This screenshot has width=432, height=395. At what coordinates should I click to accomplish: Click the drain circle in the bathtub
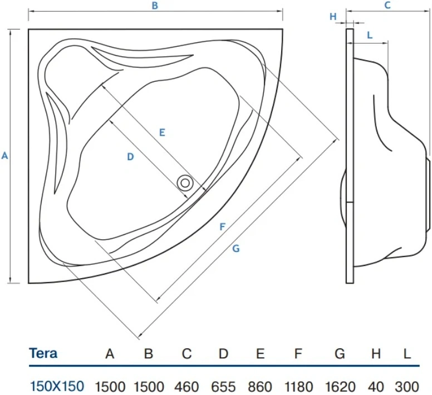pos(185,183)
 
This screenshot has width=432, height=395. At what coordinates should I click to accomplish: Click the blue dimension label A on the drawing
pos(4,156)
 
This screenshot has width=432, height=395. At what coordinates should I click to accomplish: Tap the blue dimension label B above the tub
pos(155,6)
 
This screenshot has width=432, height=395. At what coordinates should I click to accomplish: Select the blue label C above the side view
pos(387,5)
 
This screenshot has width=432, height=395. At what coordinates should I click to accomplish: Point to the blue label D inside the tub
pos(130,157)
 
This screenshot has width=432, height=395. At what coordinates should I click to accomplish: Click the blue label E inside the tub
pos(162,132)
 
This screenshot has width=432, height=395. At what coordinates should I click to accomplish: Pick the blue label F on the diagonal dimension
pos(222,227)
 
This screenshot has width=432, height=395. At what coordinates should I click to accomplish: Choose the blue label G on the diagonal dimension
pos(236,249)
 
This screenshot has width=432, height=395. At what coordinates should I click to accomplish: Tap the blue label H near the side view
pos(333,17)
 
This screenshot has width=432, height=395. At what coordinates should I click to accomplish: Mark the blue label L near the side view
pos(370,35)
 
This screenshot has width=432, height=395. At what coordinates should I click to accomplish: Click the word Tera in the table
pos(43,353)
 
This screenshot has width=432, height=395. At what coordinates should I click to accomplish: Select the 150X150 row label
pos(57,386)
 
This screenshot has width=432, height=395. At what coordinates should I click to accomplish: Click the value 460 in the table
pos(186,387)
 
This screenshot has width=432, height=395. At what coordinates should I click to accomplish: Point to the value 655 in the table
pos(223,387)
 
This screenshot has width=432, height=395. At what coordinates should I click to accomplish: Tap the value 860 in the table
pos(260,387)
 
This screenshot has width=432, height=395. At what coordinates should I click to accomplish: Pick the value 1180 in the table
pos(298,387)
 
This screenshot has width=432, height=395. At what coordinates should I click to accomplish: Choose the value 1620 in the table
pos(340,387)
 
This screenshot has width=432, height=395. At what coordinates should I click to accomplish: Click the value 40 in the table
pos(376,387)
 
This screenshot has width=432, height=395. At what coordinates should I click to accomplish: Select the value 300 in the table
pos(407,387)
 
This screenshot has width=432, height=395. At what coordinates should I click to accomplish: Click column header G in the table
pos(340,353)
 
